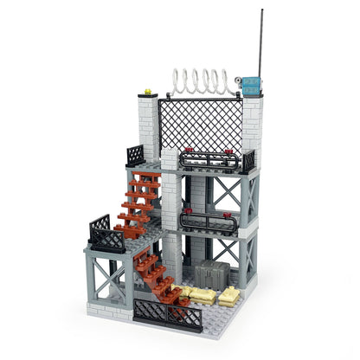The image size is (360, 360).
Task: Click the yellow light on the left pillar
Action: click(x=147, y=91)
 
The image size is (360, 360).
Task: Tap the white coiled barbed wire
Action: click(x=202, y=83)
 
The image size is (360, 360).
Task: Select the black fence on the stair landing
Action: click(x=104, y=233)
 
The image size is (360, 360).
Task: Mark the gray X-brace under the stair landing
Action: click(x=111, y=274)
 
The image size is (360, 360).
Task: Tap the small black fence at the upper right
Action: click(x=248, y=161)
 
